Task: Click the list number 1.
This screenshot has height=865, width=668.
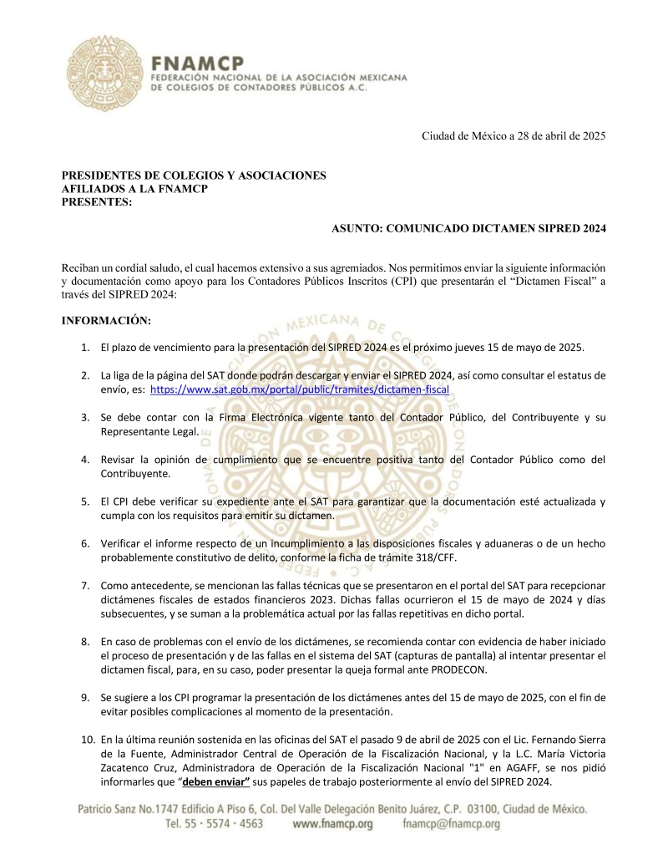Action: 86,347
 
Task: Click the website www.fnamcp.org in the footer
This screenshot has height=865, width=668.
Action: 333,823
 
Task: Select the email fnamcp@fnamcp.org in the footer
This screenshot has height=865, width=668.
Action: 451,823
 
